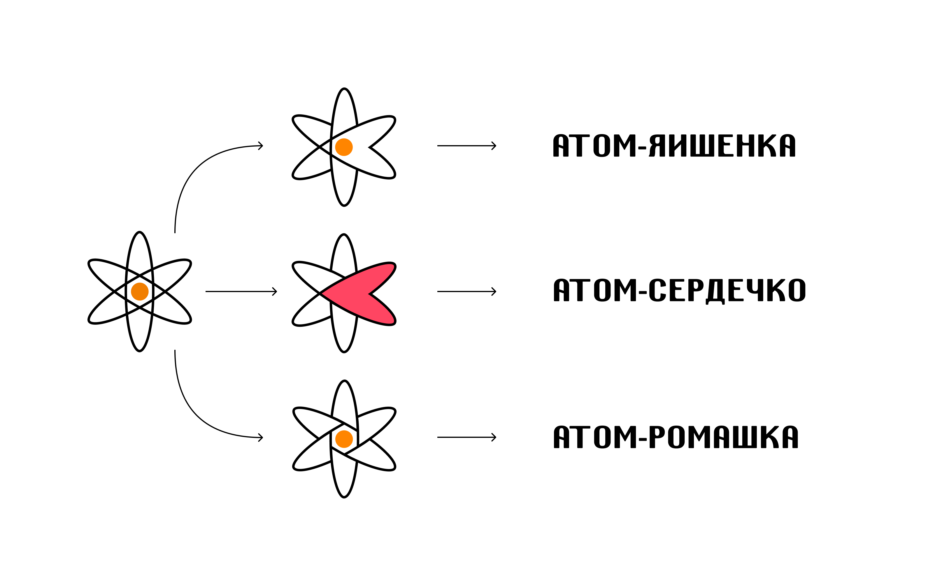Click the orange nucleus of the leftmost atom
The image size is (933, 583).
click(140, 291)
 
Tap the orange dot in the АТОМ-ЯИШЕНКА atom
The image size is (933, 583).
click(344, 147)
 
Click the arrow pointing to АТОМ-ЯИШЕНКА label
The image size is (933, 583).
click(466, 146)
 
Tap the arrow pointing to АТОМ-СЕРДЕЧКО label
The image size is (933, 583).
click(466, 291)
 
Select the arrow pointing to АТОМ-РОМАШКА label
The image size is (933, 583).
click(466, 437)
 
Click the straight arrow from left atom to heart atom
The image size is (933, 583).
click(241, 291)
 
